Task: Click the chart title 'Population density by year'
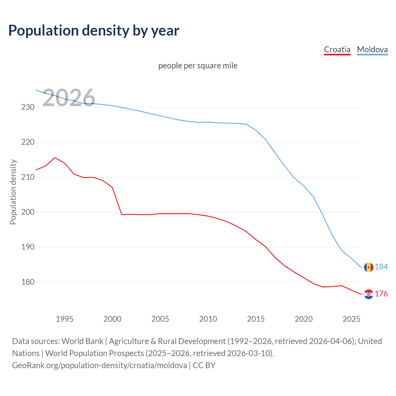[94, 31]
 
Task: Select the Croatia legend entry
[337, 49]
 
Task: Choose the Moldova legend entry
[372, 49]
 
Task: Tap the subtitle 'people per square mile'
[198, 66]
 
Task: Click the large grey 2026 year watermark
[69, 98]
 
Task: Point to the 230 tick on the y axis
[28, 107]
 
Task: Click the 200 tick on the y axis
[28, 212]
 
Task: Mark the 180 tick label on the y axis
[28, 282]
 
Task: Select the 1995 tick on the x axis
[65, 319]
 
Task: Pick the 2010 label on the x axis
[208, 319]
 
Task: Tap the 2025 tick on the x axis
[351, 319]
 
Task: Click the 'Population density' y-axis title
[13, 192]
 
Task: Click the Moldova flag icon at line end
[368, 267]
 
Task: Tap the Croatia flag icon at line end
[368, 294]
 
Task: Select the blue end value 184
[381, 267]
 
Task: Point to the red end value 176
[381, 294]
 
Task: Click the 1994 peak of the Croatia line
[55, 158]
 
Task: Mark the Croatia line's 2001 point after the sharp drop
[122, 214]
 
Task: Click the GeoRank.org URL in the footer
[99, 365]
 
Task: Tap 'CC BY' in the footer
[204, 365]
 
